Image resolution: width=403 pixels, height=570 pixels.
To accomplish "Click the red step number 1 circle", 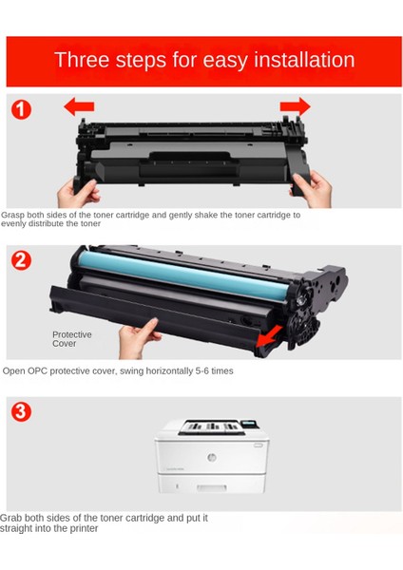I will (21, 109).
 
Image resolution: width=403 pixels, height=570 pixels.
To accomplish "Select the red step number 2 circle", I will (21, 260).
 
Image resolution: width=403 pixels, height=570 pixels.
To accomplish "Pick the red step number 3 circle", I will (21, 411).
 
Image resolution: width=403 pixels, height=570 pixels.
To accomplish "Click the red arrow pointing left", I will (78, 106).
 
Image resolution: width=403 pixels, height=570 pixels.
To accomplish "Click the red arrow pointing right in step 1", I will (296, 105).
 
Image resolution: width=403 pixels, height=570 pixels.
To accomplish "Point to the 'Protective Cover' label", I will (71, 338).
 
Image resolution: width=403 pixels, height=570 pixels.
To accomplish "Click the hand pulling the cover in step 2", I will (140, 335).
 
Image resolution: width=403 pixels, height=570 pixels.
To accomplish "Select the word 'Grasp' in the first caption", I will (14, 215).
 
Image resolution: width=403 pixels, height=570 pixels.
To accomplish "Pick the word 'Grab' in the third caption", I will (10, 518).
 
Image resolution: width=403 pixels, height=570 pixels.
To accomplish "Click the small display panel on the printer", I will (250, 426).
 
